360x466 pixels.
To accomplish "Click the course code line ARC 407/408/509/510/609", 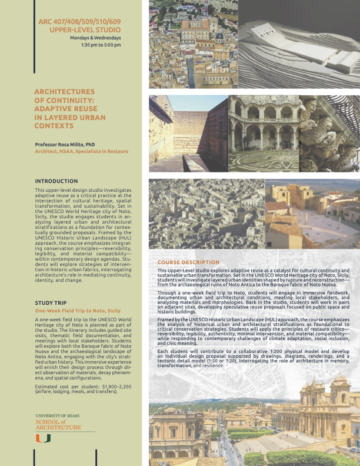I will pos(79,21).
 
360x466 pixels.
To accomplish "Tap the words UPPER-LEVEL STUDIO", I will pos(85,29).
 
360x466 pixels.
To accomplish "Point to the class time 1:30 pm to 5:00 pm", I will pos(101,45).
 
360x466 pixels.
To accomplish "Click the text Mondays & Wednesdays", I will pos(95,38).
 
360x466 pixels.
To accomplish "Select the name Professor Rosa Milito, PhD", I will pos(65,144).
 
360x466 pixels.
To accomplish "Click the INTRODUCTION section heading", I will pos(56,181).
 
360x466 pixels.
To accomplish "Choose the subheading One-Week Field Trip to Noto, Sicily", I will pos(78,309).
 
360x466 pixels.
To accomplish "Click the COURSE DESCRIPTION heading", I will pos(188,262).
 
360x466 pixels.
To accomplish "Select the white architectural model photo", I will pos(299,44).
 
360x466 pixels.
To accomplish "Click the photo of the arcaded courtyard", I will pos(263,133).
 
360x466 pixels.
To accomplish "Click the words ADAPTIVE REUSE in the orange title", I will pos(64,108).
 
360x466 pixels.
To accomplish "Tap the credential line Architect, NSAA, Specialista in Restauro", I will pos(81,151).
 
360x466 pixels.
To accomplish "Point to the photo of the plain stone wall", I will pos(188,133).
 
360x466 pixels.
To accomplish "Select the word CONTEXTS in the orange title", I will pos(54,125).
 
